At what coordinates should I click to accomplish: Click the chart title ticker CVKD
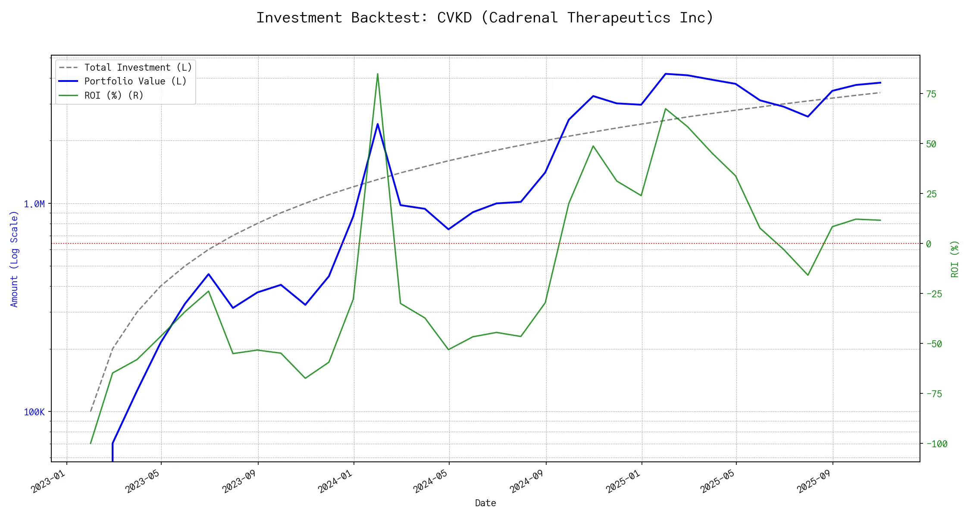(454, 18)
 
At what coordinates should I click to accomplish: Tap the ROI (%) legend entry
(114, 95)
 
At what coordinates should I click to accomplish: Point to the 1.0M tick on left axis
(34, 204)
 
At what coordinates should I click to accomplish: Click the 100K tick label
(34, 412)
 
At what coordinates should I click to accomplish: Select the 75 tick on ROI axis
(931, 94)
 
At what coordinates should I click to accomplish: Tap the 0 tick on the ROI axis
(929, 244)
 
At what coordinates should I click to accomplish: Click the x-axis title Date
(485, 503)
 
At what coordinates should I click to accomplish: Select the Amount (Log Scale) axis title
(14, 259)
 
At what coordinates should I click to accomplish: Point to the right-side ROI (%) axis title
(954, 259)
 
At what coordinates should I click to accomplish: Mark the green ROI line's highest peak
(378, 74)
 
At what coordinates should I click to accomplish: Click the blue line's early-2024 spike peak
(378, 124)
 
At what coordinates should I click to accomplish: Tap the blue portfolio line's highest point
(666, 74)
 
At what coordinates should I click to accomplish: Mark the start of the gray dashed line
(91, 411)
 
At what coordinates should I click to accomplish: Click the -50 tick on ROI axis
(934, 344)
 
